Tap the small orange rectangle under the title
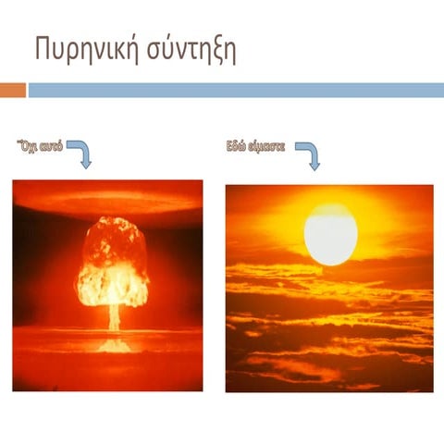pyautogui.click(x=13, y=90)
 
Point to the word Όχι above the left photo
pyautogui.click(x=29, y=146)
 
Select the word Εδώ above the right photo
pyautogui.click(x=239, y=146)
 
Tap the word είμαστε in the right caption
pyautogui.click(x=269, y=146)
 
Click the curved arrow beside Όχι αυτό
pyautogui.click(x=80, y=152)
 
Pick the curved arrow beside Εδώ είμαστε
pyautogui.click(x=308, y=154)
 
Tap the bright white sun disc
pyautogui.click(x=330, y=233)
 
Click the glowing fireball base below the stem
pyautogui.click(x=114, y=344)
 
